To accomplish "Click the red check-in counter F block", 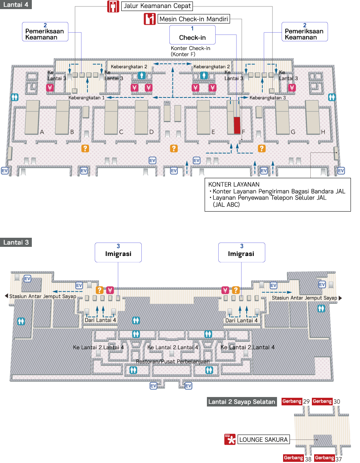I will (237, 125).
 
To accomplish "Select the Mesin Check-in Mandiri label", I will (194, 19).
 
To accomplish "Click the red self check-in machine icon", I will (150, 19).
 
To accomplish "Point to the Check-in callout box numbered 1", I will (193, 35).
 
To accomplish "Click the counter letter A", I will (42, 132).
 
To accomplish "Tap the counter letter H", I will (323, 132).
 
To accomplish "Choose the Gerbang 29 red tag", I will (292, 401).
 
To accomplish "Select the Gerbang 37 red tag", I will (324, 458).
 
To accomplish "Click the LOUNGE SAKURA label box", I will (263, 440).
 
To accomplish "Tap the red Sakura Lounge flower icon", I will (230, 439).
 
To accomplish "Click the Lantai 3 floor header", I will (16, 242).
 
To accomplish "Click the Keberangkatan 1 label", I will (86, 98).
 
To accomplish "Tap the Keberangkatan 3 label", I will (268, 98).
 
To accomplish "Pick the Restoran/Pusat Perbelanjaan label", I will (173, 361).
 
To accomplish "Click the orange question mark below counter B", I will (85, 148).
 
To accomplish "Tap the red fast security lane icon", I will (113, 6).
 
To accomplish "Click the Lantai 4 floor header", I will (16, 5).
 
